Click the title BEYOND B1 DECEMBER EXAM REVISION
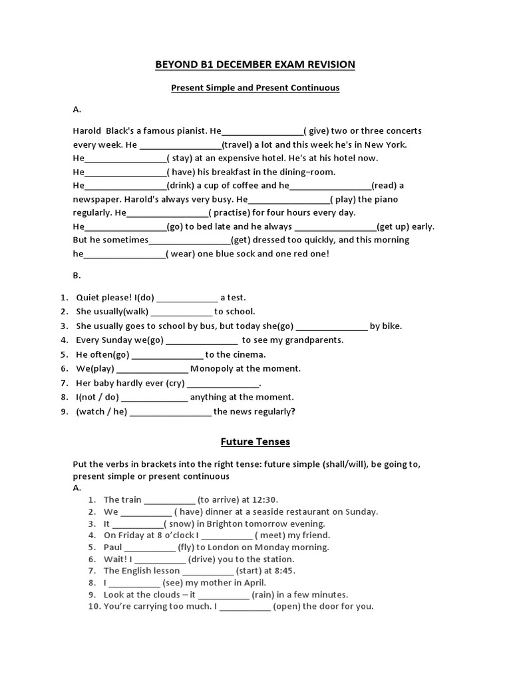tap(255, 65)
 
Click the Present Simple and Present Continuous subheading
tap(255, 88)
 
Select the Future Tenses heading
tap(255, 442)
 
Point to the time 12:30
tap(265, 500)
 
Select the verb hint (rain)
tap(263, 595)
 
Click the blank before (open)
tap(245, 607)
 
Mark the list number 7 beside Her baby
tap(65, 383)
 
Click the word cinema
tap(248, 354)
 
